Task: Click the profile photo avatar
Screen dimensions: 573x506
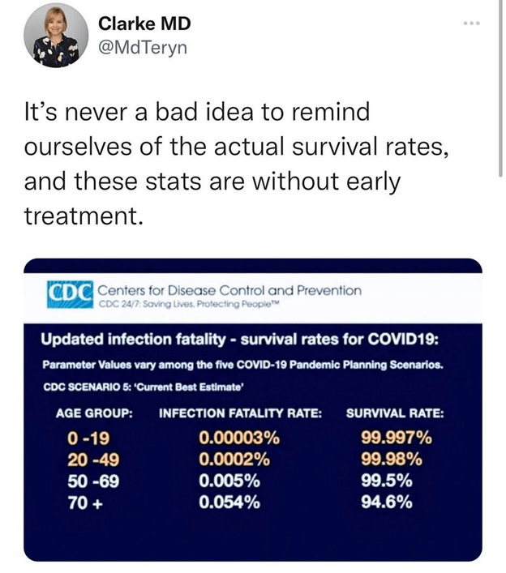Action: point(56,35)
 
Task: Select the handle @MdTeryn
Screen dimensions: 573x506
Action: point(143,47)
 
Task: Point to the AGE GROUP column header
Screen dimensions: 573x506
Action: point(94,413)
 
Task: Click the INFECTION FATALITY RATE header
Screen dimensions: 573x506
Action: point(240,413)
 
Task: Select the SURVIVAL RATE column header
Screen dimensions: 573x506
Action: point(395,413)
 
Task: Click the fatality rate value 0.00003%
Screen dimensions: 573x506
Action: point(239,439)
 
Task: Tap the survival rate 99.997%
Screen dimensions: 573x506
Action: point(396,439)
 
